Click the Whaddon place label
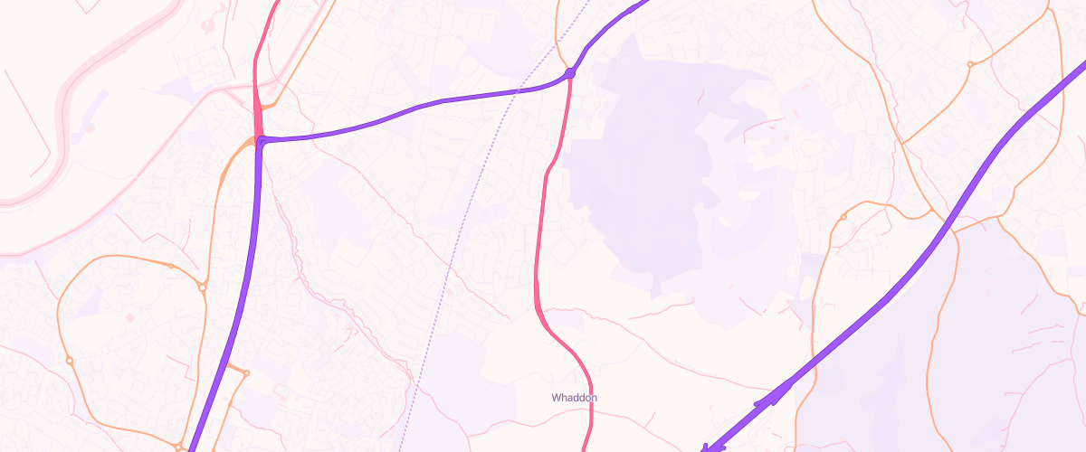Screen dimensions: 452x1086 (575, 398)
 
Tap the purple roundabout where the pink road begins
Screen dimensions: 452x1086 (570, 73)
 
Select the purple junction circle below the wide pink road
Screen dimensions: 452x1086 (262, 141)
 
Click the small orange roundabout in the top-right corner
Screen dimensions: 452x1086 (970, 64)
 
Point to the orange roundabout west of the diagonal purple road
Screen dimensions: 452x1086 (843, 217)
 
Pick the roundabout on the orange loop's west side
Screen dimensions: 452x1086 (69, 361)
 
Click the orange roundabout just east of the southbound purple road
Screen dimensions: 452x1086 (245, 372)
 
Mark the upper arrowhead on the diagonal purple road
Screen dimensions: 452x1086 (778, 391)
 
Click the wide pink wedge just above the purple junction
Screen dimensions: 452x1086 (257, 118)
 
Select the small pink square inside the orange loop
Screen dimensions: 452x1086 (129, 317)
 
